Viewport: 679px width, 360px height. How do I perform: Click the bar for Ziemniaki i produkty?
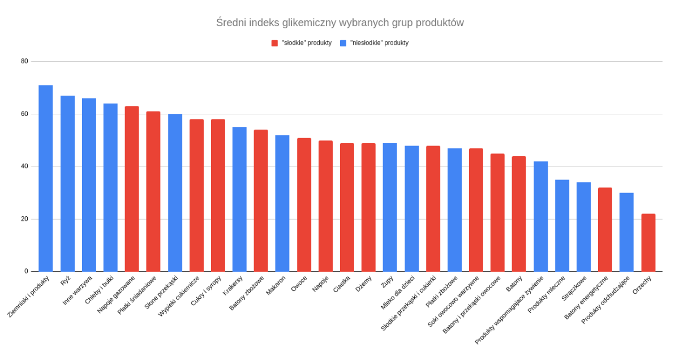(46, 178)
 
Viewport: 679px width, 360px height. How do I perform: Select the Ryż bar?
(67, 183)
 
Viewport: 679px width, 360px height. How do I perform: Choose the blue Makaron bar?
(282, 203)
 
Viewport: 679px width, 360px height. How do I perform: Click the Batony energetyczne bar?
(605, 229)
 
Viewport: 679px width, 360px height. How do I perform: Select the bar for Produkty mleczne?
(562, 225)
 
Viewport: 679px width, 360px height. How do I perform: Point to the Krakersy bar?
(239, 199)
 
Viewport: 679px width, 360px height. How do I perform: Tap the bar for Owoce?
(304, 204)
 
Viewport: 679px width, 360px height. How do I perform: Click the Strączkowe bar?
(583, 226)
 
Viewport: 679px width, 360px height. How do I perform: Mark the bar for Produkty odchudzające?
(626, 232)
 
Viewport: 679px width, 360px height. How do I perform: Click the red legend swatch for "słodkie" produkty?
(274, 43)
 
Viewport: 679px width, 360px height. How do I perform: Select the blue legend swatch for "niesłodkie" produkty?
(343, 43)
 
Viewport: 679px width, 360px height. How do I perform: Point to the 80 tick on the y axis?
(24, 61)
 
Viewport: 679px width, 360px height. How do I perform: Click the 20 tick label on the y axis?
(24, 219)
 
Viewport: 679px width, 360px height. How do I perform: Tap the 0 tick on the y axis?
(26, 272)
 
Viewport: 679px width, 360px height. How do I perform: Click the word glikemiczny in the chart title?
(308, 23)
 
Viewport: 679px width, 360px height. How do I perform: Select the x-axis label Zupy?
(388, 282)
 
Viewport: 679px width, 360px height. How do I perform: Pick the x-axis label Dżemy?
(364, 284)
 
